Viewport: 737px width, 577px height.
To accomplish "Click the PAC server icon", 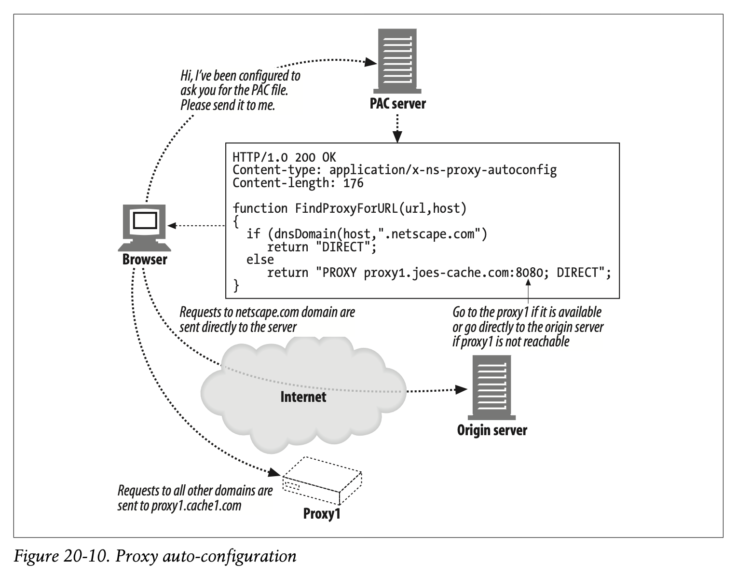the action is pyautogui.click(x=397, y=61).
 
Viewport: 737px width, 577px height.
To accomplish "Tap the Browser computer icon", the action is pyautogui.click(x=145, y=228).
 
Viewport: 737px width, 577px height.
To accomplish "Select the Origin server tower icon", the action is pyautogui.click(x=491, y=387).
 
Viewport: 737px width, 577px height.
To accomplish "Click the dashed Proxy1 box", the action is pyautogui.click(x=322, y=481).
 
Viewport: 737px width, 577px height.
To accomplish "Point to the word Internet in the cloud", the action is pyautogui.click(x=303, y=397).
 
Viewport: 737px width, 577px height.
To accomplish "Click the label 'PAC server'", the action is pyautogui.click(x=397, y=104).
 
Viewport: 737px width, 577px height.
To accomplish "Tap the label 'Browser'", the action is pyautogui.click(x=145, y=260).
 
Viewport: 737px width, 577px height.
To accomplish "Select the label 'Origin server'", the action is pyautogui.click(x=492, y=430).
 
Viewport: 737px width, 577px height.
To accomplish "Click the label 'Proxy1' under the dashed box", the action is pyautogui.click(x=322, y=514).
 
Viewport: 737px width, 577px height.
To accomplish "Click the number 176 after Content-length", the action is pyautogui.click(x=353, y=183).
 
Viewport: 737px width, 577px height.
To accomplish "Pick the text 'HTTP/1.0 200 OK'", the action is pyautogui.click(x=284, y=157).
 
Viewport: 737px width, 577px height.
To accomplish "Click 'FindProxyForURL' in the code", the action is pyautogui.click(x=346, y=208).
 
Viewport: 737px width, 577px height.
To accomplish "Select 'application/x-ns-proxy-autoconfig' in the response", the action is pyautogui.click(x=443, y=170).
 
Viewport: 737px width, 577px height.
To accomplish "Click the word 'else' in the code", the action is pyautogui.click(x=260, y=260).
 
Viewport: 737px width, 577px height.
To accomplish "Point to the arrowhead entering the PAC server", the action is pyautogui.click(x=370, y=62).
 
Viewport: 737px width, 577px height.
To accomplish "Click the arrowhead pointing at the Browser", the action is pyautogui.click(x=172, y=226).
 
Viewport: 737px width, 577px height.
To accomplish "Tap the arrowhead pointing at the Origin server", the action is pyautogui.click(x=461, y=389).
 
